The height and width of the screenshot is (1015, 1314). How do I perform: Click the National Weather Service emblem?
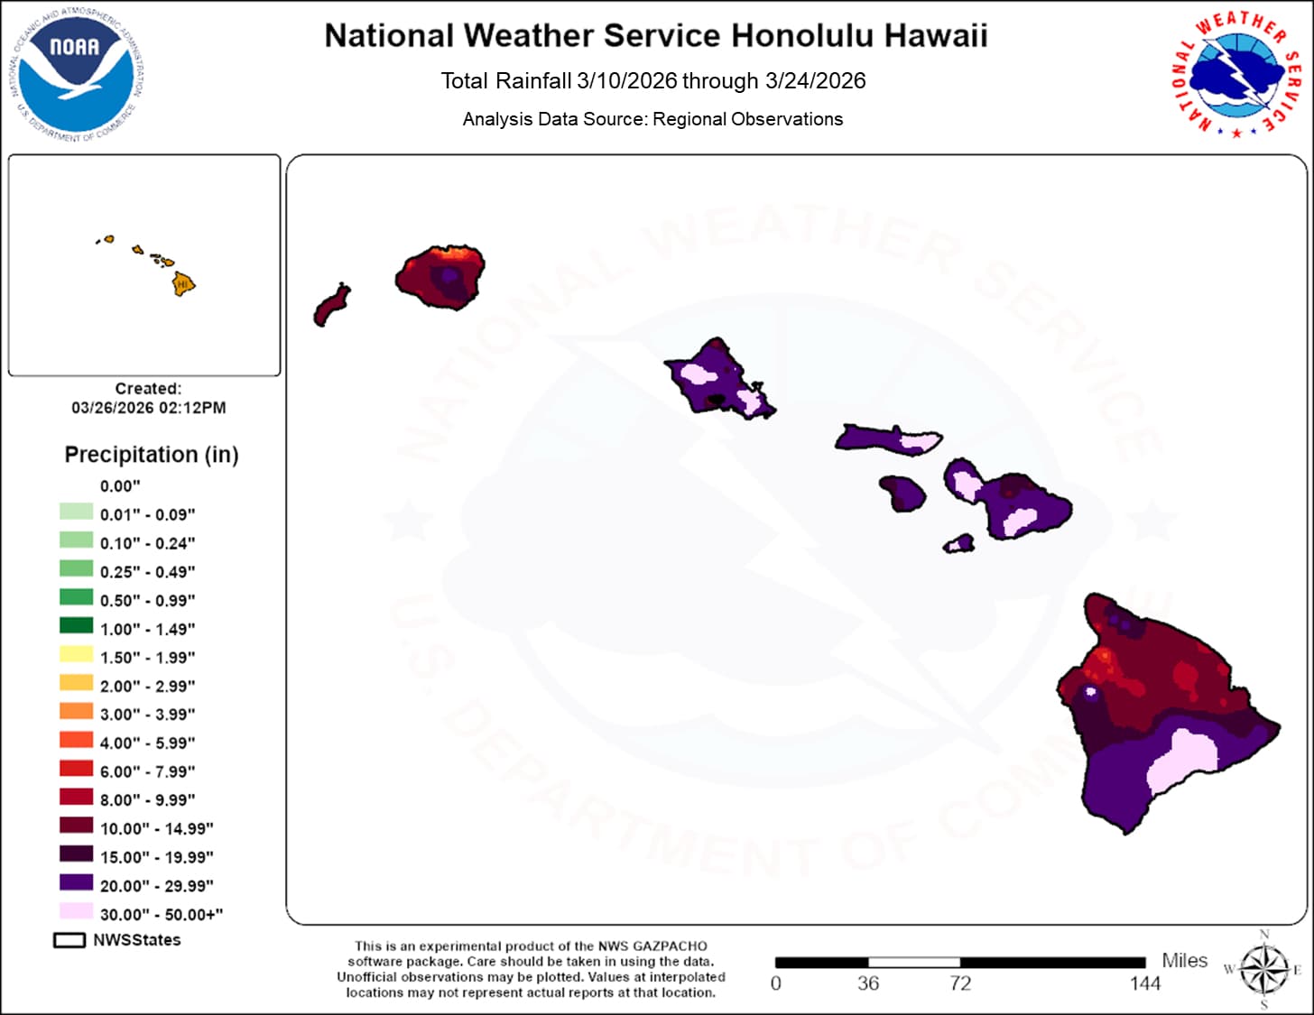[1236, 73]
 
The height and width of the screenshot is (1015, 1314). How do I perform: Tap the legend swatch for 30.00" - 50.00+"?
[76, 911]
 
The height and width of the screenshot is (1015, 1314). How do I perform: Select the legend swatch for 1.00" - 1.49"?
[76, 626]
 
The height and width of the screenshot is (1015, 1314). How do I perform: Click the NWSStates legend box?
[69, 940]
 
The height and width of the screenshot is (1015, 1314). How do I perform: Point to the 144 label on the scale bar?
[1144, 983]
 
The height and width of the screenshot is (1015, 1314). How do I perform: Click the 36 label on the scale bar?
[868, 983]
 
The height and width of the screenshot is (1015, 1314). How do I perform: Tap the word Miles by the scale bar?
[1184, 960]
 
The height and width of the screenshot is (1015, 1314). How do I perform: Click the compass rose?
[1263, 970]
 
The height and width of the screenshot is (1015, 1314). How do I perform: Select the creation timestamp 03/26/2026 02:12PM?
[149, 408]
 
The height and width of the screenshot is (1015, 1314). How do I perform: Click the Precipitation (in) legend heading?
[152, 455]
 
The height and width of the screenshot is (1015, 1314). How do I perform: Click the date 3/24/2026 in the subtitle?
[815, 81]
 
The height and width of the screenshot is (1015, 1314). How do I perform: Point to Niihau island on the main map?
[331, 305]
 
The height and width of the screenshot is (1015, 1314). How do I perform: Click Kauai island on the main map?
[440, 277]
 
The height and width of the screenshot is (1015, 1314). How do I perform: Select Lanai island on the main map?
[902, 493]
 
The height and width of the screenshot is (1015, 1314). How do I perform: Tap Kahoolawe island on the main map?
[959, 543]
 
